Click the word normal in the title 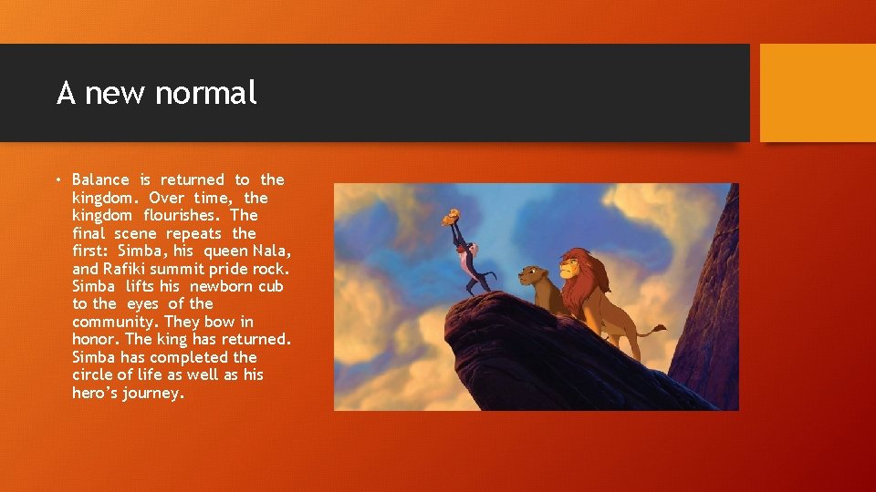point(207,92)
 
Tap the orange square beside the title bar point(817,93)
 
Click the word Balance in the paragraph point(102,180)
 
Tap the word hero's point(96,394)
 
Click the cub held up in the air point(452,217)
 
